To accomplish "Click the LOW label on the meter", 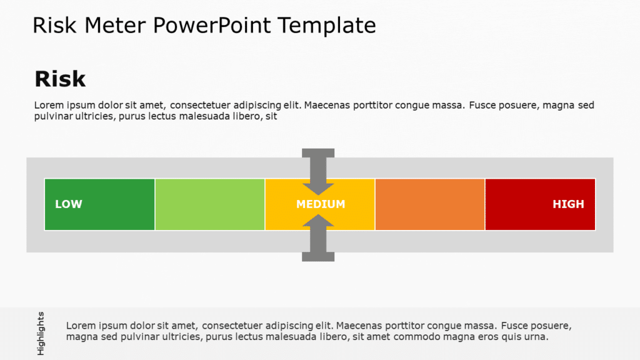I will [x=69, y=204].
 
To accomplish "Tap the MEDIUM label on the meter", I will [x=321, y=204].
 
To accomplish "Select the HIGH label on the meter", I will [x=568, y=204].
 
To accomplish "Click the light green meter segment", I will [x=210, y=204].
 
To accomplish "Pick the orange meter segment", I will [x=430, y=204].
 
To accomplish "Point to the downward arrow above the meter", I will [x=318, y=171].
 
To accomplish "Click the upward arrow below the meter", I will [x=318, y=237].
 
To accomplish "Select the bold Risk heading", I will [x=60, y=79].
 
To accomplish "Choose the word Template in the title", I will [x=327, y=26].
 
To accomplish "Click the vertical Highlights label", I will [x=41, y=333].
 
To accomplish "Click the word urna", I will [x=536, y=337].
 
